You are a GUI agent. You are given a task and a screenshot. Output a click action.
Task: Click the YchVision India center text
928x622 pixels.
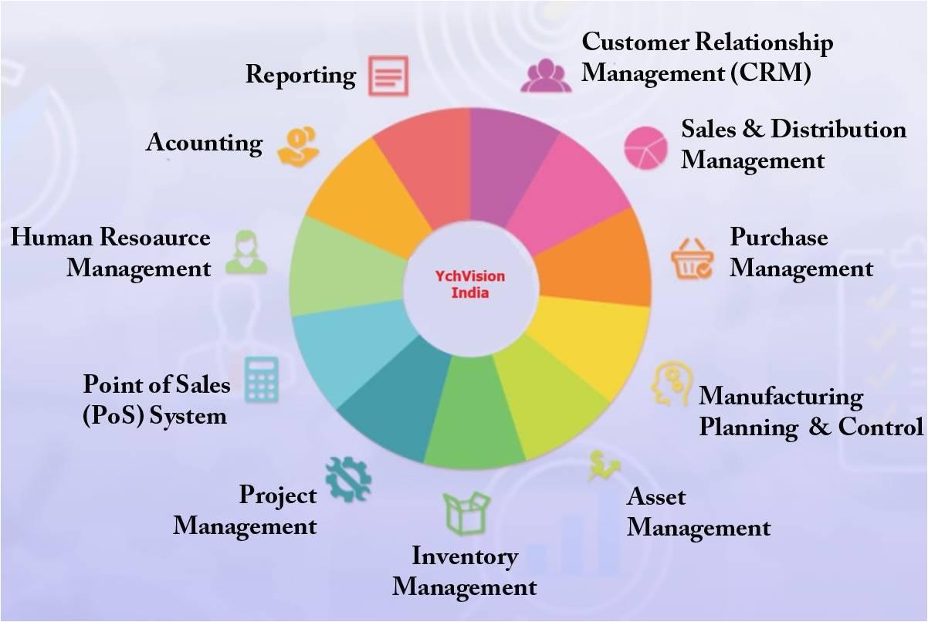pyautogui.click(x=470, y=285)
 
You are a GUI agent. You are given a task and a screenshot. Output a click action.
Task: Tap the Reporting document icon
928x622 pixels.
pyautogui.click(x=388, y=76)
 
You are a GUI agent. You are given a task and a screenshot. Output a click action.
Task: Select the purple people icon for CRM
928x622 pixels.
pyautogui.click(x=546, y=75)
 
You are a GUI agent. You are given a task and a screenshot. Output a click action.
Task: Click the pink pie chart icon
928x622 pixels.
pyautogui.click(x=646, y=148)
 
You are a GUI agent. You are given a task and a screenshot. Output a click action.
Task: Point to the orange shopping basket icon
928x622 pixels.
pyautogui.click(x=692, y=259)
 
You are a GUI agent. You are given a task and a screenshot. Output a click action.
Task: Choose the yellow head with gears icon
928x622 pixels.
pyautogui.click(x=671, y=383)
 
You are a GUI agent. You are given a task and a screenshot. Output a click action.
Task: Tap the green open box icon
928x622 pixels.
pyautogui.click(x=466, y=513)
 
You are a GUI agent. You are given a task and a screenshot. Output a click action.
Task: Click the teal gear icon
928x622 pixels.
pyautogui.click(x=348, y=479)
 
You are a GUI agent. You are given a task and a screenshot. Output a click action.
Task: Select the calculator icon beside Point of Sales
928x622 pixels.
pyautogui.click(x=261, y=380)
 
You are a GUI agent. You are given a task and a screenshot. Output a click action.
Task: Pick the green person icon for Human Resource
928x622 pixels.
pyautogui.click(x=246, y=252)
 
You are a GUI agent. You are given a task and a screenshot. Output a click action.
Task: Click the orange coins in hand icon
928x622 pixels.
pyautogui.click(x=298, y=146)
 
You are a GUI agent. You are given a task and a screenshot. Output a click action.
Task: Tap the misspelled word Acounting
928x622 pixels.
pyautogui.click(x=205, y=143)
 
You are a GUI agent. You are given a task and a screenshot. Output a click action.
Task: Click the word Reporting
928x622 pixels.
pyautogui.click(x=301, y=75)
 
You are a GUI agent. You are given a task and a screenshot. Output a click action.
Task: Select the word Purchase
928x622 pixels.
pyautogui.click(x=779, y=237)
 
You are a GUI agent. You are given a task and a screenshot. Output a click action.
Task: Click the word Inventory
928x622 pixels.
pyautogui.click(x=465, y=557)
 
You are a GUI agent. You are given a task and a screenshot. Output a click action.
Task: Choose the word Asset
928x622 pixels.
pyautogui.click(x=656, y=496)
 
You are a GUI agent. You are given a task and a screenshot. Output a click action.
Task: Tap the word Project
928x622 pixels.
pyautogui.click(x=278, y=495)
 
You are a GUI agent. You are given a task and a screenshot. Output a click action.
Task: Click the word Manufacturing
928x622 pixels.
pyautogui.click(x=781, y=397)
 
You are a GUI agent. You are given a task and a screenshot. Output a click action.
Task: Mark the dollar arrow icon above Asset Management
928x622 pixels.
pyautogui.click(x=603, y=465)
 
